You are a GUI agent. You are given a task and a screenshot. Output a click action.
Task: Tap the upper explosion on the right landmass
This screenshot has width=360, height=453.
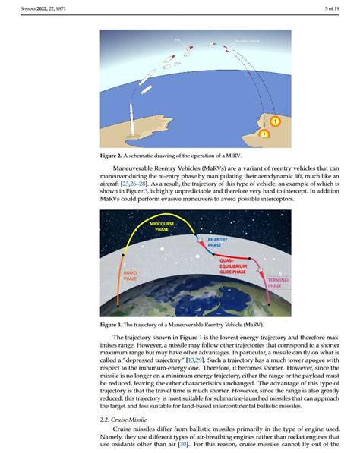coord(276,121)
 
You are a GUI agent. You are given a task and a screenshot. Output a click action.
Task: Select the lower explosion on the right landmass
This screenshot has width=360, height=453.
coord(264,134)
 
